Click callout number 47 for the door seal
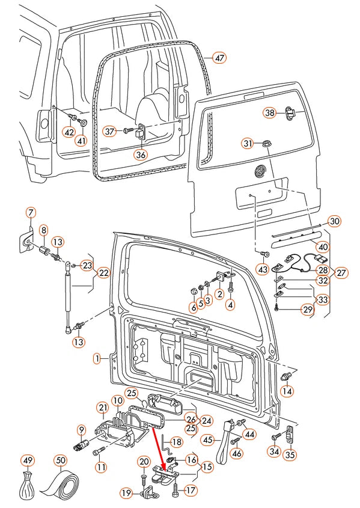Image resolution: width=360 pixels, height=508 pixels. click(x=219, y=58)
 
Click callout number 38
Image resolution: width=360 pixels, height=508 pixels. click(x=270, y=113)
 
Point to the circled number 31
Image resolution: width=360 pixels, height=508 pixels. click(x=248, y=143)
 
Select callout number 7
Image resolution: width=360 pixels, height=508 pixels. click(x=31, y=212)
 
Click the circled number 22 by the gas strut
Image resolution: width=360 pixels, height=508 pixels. click(x=104, y=273)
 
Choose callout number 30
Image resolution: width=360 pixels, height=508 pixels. click(x=335, y=221)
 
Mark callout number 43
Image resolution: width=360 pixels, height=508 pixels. click(x=263, y=270)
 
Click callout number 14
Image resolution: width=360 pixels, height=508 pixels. click(x=287, y=391)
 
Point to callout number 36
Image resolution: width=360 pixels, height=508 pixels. click(x=140, y=155)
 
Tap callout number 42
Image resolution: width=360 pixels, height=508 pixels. click(x=69, y=132)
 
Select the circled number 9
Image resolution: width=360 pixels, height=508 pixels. click(x=81, y=429)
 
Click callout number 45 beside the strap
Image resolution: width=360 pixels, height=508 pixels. click(x=207, y=439)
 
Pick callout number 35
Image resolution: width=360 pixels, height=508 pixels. click(x=290, y=454)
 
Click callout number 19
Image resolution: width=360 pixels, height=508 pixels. click(x=126, y=493)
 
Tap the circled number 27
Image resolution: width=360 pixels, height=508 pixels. click(x=341, y=272)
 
